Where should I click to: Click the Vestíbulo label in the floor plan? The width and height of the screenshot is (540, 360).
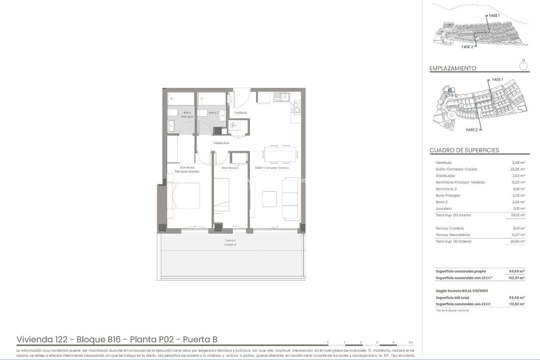tap(241, 112)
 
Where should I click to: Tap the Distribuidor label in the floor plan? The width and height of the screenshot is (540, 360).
tap(221, 143)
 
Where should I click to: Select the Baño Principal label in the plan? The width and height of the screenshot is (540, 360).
tap(187, 114)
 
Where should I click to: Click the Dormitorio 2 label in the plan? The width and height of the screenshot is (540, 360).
tap(230, 168)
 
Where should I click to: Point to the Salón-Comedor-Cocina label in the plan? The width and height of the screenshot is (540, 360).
tap(271, 168)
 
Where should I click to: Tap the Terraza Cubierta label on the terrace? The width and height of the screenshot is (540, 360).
tap(230, 242)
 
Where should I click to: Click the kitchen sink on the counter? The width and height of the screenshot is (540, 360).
tap(284, 96)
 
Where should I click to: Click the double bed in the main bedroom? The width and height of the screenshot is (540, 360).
tap(183, 199)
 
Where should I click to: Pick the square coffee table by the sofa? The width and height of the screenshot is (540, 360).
tap(269, 198)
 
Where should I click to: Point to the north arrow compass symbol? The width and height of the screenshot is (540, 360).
tap(523, 64)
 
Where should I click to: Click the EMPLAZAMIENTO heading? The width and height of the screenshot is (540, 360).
tap(452, 68)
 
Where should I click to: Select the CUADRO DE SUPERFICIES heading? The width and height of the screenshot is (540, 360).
tap(464, 150)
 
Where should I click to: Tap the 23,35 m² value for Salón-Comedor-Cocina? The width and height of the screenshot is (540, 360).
tap(517, 169)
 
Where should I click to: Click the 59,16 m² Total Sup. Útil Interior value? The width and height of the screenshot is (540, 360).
tap(517, 215)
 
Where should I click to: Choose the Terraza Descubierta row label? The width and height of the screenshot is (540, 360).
tap(452, 235)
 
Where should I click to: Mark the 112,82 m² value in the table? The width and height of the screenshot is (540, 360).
tap(516, 304)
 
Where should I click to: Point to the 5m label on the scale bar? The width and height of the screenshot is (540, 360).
tap(410, 342)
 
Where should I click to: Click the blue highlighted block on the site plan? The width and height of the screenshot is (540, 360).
tap(450, 90)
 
